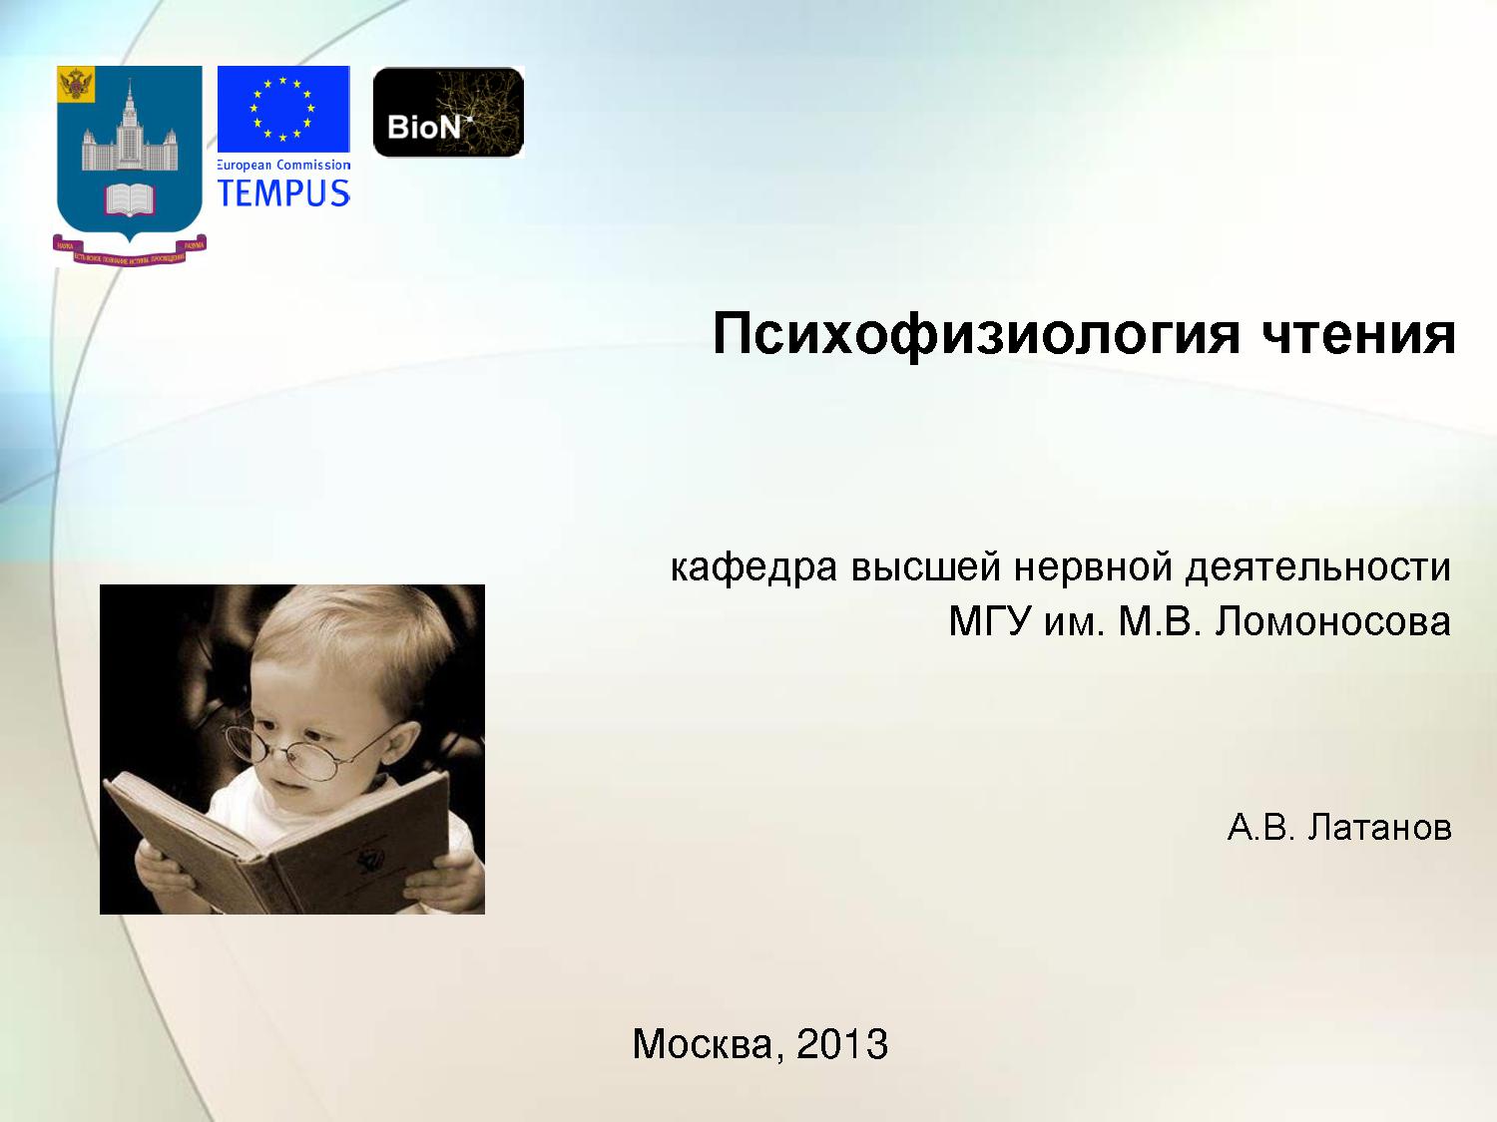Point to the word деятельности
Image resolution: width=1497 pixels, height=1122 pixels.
point(1317,567)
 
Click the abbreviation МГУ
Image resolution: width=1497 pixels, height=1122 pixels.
point(989,622)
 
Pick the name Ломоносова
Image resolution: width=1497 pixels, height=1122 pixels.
point(1333,622)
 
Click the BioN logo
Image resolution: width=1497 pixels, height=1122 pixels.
point(448,112)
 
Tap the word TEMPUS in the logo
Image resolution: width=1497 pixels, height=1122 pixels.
point(284,192)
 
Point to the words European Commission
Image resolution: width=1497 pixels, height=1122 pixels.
point(284,165)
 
